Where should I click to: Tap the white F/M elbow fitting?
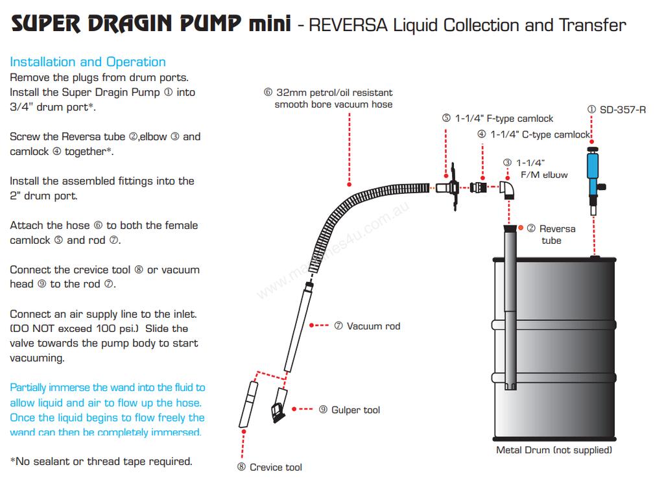click(x=508, y=189)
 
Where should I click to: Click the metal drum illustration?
click(x=554, y=347)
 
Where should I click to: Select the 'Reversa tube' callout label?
click(x=551, y=234)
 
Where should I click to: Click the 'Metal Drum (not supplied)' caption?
click(x=554, y=449)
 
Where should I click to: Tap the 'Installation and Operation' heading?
click(x=88, y=62)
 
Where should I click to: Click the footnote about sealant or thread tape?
click(x=101, y=462)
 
